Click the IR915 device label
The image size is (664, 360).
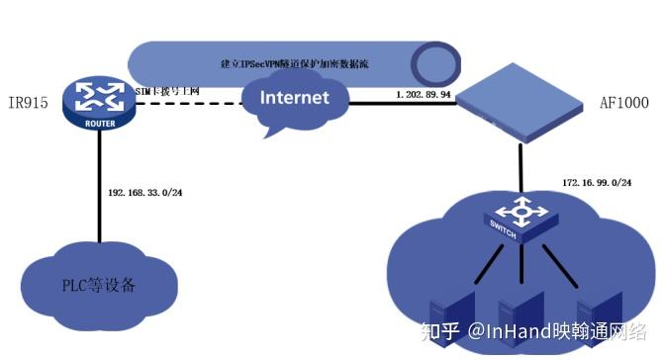(x=30, y=102)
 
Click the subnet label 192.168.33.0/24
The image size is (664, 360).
(x=144, y=193)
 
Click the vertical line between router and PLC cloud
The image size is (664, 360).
(x=100, y=188)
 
